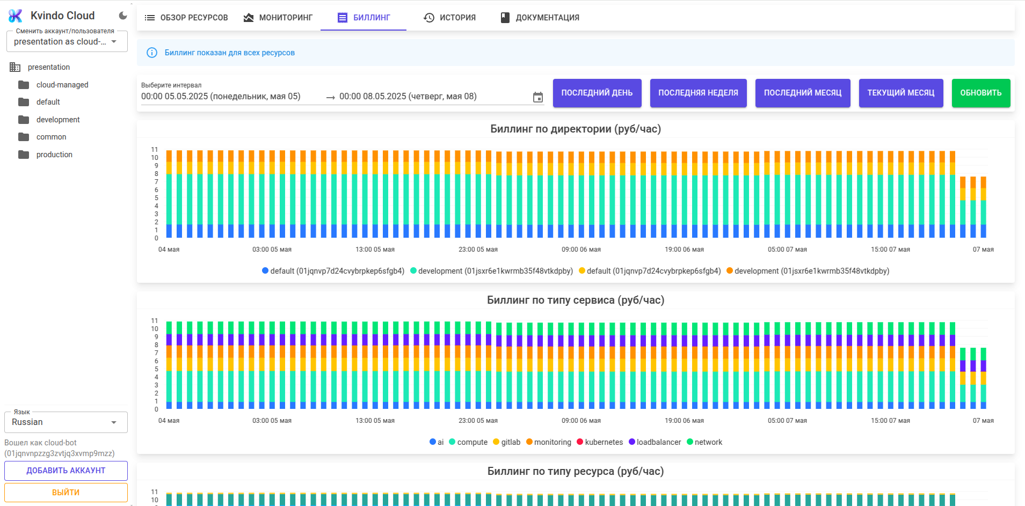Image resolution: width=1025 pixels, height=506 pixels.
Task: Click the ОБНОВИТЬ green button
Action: (980, 93)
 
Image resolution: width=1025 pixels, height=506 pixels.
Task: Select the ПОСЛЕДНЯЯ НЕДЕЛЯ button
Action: (698, 93)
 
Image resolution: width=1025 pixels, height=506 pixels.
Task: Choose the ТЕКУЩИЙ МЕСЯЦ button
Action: (900, 93)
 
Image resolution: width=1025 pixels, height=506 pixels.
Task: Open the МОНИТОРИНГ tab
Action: (278, 18)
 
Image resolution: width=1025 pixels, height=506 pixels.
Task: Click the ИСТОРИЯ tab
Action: (450, 18)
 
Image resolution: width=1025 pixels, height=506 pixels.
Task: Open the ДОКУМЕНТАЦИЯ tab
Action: (540, 18)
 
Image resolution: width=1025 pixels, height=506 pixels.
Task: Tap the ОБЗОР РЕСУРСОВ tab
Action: (186, 18)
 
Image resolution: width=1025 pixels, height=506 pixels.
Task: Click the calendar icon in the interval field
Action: (537, 97)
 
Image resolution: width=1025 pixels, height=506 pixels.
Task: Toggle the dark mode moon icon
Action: (123, 16)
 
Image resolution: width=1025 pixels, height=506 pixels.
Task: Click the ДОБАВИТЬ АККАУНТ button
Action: (66, 471)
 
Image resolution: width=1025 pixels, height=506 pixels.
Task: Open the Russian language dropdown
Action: (66, 422)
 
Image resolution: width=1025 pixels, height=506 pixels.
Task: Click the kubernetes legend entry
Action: (600, 442)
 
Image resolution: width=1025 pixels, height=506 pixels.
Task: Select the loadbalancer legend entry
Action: (655, 442)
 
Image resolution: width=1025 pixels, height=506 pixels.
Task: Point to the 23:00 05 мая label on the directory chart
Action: (478, 250)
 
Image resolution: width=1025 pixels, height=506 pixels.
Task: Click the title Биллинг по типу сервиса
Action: (576, 300)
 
